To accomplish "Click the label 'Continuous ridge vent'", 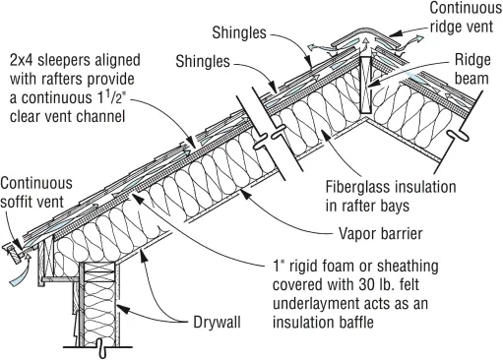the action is point(466,17).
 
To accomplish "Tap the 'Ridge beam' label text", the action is point(472,69).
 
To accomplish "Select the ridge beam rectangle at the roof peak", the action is point(366,85).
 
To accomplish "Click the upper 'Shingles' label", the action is point(239,32).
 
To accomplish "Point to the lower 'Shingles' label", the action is point(203,61).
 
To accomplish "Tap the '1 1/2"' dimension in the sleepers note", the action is point(112,97).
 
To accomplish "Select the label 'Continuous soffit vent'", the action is point(36,193).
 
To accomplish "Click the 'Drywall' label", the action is point(217,322).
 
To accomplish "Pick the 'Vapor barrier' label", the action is point(381,234).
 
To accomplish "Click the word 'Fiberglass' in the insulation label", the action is point(358,187).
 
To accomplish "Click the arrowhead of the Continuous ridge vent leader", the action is point(395,33).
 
